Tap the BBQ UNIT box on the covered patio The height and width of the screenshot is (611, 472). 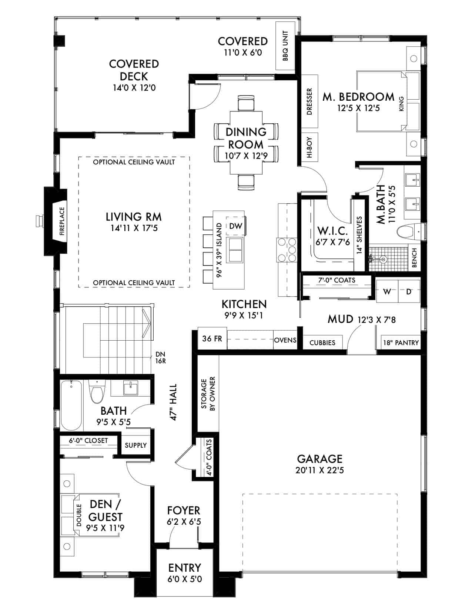[x=285, y=46]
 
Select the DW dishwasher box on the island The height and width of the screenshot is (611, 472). [x=235, y=226]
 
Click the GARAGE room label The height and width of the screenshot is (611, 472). [x=320, y=459]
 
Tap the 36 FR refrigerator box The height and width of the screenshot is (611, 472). [x=212, y=338]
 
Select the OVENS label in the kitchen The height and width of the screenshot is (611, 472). [x=285, y=340]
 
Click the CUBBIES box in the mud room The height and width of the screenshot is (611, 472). [x=322, y=343]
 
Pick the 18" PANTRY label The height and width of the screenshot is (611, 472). [x=401, y=343]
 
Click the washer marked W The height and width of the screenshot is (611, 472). [x=387, y=291]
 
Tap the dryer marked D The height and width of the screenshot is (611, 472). [x=409, y=291]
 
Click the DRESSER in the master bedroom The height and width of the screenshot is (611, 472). [x=309, y=101]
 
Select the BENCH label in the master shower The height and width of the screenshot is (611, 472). [x=414, y=257]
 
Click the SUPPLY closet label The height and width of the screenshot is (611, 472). [x=135, y=445]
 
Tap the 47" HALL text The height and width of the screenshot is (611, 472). [x=173, y=402]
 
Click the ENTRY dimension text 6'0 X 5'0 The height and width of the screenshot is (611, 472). [x=184, y=579]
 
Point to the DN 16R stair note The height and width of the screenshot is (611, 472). [x=161, y=357]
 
